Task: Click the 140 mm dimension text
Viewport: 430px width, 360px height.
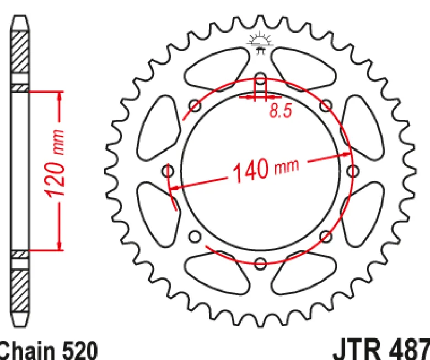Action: click(266, 169)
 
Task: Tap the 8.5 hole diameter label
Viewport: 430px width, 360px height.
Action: click(281, 111)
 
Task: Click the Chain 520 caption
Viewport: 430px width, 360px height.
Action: click(49, 351)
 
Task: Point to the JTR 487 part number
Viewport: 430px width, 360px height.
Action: click(381, 350)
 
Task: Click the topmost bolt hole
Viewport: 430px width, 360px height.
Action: click(260, 78)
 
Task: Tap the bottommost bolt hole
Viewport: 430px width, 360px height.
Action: click(260, 264)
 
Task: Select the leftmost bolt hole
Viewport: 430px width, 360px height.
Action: click(168, 171)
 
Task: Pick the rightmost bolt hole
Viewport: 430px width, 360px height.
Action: click(353, 171)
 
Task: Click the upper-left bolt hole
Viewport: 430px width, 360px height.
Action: click(195, 105)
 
